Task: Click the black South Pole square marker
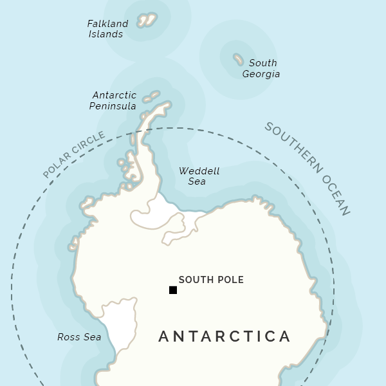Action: point(173,290)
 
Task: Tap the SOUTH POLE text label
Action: point(211,280)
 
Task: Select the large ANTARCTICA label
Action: point(225,336)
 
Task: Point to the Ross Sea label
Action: point(79,337)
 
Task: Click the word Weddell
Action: point(199,171)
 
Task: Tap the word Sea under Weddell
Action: point(197,182)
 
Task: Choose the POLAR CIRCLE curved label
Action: point(73,155)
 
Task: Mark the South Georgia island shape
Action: point(238,59)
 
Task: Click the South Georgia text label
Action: point(261,68)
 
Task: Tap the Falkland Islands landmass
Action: point(147,20)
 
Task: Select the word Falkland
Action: point(107,24)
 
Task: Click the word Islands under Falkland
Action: point(106,34)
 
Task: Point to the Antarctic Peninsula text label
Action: point(113,100)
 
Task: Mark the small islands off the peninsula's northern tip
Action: point(151,96)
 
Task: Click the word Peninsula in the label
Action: point(113,106)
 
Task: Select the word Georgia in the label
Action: point(261,74)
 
